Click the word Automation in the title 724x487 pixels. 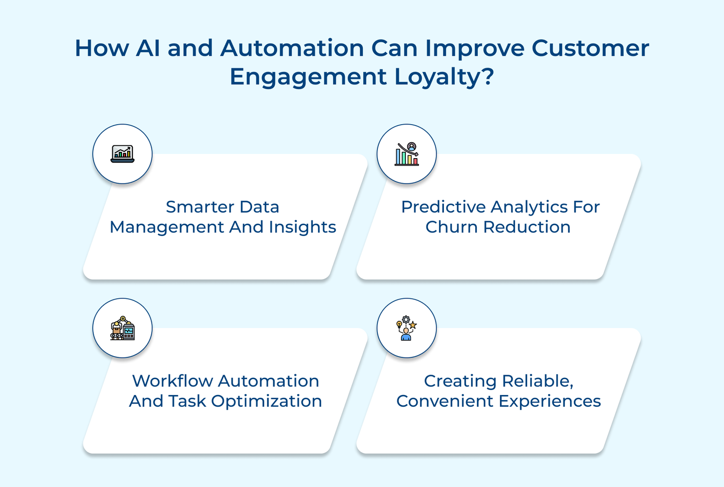292,48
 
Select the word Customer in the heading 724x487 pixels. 590,48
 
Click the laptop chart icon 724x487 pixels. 122,154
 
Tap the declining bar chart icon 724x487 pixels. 406,154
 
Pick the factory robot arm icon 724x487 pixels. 122,328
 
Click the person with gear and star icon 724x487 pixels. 406,328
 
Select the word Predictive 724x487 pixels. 443,207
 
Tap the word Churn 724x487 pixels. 451,227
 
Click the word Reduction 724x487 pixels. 527,227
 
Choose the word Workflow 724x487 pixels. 172,381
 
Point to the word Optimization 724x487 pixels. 267,401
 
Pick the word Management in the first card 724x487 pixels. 167,227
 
